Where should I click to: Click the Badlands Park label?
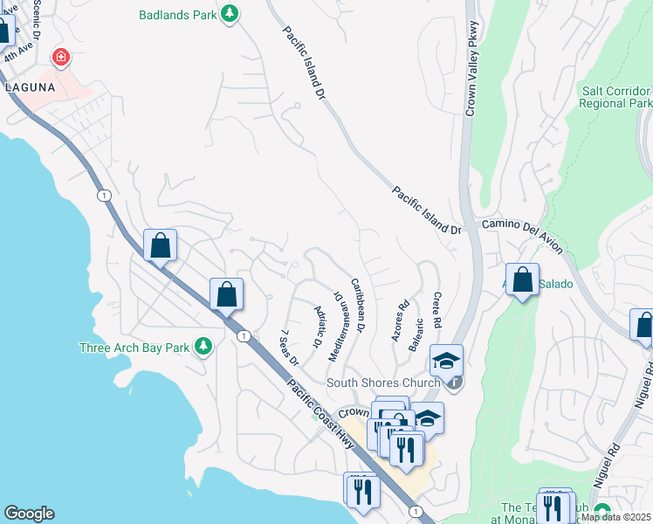[177, 15]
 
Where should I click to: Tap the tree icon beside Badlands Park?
[229, 14]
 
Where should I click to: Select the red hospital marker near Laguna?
[61, 59]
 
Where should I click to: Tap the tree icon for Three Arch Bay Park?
[203, 347]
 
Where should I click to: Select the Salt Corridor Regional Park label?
[615, 97]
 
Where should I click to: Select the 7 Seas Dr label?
[289, 348]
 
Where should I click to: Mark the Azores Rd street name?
[402, 321]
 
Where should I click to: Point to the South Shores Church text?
[381, 383]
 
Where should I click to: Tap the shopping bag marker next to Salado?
[522, 280]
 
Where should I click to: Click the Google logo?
[29, 514]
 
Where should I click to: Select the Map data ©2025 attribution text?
[615, 517]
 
